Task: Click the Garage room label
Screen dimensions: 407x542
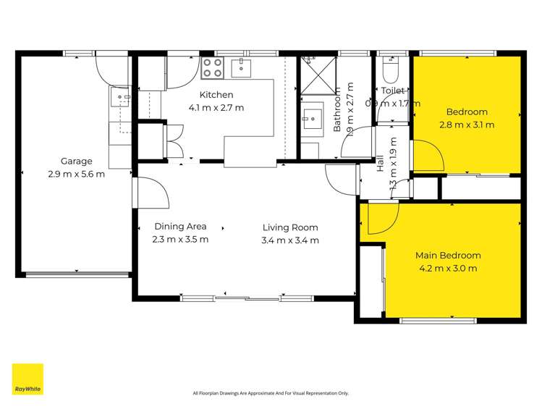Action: pyautogui.click(x=76, y=161)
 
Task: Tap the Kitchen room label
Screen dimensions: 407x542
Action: pyautogui.click(x=216, y=95)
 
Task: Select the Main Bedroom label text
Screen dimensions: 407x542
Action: pyautogui.click(x=448, y=256)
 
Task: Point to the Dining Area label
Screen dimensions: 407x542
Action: pyautogui.click(x=180, y=227)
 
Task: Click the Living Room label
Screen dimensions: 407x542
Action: pyautogui.click(x=290, y=227)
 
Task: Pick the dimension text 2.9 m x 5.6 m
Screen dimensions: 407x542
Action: pyautogui.click(x=76, y=174)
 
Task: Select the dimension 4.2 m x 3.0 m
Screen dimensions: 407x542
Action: pyautogui.click(x=448, y=269)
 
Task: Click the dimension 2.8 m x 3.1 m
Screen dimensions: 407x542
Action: pyautogui.click(x=467, y=125)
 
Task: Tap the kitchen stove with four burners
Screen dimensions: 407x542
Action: pyautogui.click(x=212, y=68)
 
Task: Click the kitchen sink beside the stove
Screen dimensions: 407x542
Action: pyautogui.click(x=241, y=68)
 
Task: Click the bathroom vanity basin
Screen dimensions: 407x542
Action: pyautogui.click(x=313, y=117)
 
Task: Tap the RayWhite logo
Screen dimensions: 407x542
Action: pyautogui.click(x=27, y=379)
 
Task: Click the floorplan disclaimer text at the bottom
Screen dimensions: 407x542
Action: pyautogui.click(x=271, y=393)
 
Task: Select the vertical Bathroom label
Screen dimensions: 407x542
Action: pyautogui.click(x=337, y=109)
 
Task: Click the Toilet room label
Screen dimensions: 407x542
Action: pyautogui.click(x=392, y=91)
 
